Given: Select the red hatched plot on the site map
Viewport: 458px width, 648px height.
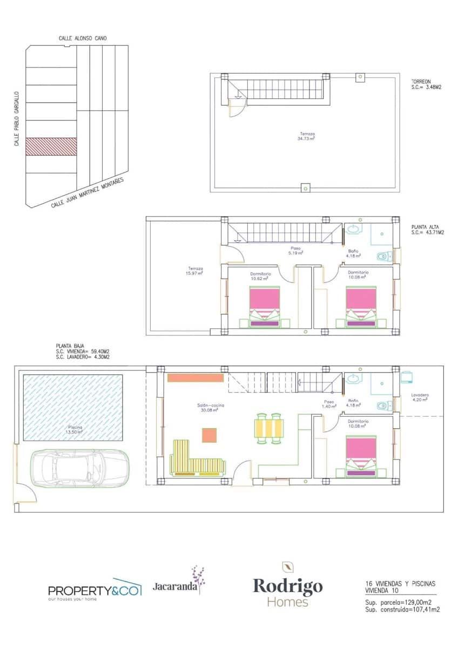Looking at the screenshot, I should [51, 146].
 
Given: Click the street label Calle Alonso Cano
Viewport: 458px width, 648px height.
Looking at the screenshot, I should [83, 38].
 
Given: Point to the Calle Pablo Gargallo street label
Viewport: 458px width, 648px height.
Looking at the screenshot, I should [17, 118].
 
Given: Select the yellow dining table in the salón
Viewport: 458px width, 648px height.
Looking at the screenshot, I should [268, 428].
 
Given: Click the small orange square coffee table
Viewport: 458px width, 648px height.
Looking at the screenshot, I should [210, 435].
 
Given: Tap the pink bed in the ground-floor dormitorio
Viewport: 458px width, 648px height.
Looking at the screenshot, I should [361, 456].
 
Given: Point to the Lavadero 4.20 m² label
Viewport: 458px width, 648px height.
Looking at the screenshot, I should [419, 397].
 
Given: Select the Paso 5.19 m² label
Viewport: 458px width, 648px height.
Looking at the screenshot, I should [295, 251].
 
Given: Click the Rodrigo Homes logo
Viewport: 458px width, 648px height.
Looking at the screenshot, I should [288, 586].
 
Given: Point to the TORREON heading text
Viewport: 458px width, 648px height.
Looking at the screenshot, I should [422, 82].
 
